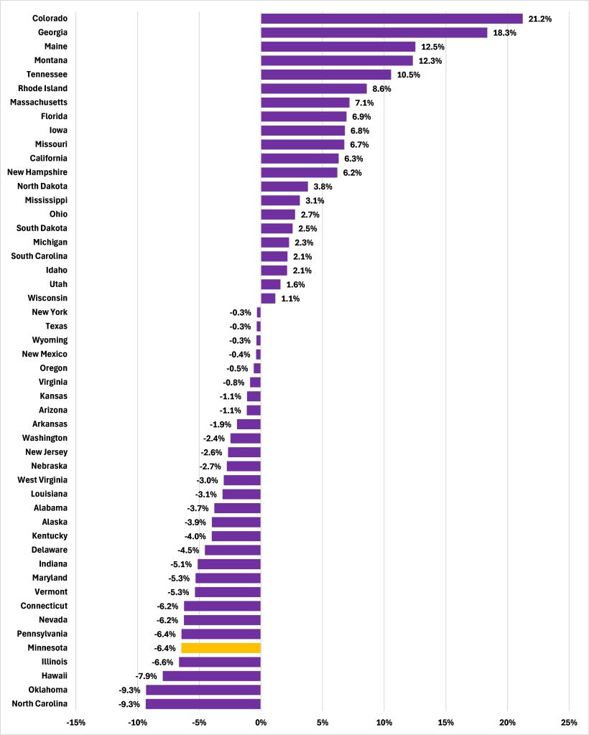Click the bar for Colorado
coord(391,19)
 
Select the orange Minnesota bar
coord(221,647)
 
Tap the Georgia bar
coord(374,32)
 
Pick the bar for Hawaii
coord(211,675)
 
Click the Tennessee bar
coord(325,75)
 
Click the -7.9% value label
coord(147,675)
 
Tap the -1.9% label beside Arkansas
coord(221,423)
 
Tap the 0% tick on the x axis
coord(261,721)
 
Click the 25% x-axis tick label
coord(568,721)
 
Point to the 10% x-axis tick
coord(384,721)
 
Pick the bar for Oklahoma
coord(203,690)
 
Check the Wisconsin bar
coord(268,298)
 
